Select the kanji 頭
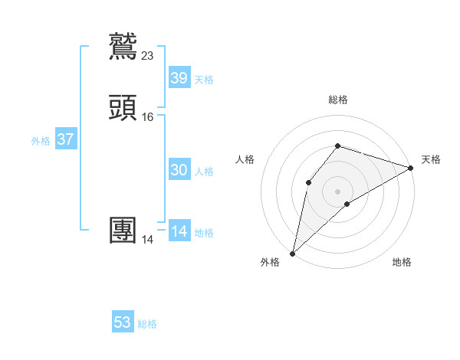click(x=124, y=108)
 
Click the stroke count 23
click(x=148, y=55)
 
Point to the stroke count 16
click(x=148, y=117)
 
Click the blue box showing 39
click(x=179, y=78)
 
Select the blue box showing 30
click(x=179, y=171)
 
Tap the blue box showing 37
click(x=65, y=140)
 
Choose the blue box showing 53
click(x=123, y=322)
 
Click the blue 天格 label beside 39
click(x=204, y=80)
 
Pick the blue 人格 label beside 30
click(x=204, y=172)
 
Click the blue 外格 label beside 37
click(x=41, y=142)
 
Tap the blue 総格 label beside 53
click(x=147, y=324)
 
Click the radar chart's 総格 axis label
click(x=337, y=100)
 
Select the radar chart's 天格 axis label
click(x=431, y=159)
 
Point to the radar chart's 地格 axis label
click(x=402, y=263)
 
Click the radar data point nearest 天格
click(x=411, y=168)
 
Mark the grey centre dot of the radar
click(x=337, y=191)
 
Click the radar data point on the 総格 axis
click(x=337, y=146)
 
